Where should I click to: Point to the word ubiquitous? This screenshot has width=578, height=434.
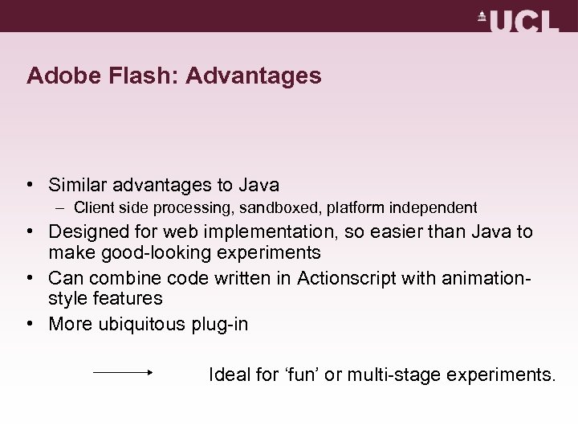tap(140, 324)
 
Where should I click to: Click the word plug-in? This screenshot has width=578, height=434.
tap(220, 324)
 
